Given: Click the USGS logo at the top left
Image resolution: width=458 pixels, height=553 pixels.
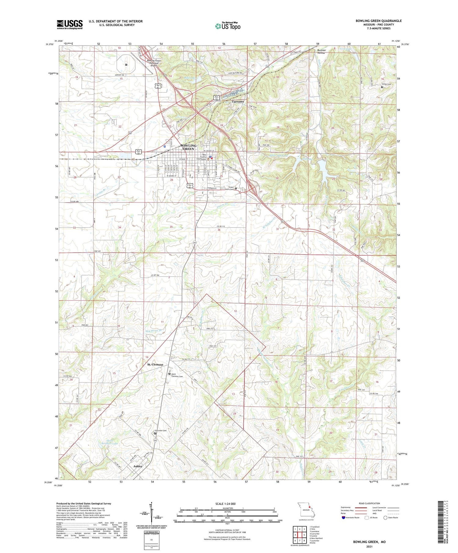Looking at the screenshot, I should click(70, 24).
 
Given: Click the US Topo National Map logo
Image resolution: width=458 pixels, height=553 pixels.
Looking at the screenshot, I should click(227, 26).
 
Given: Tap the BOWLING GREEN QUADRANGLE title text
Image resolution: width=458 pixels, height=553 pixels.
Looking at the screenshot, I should click(378, 21).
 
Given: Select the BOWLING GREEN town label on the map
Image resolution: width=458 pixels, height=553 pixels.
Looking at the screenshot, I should click(188, 147).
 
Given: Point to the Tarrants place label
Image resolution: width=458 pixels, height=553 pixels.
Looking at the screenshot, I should click(238, 102).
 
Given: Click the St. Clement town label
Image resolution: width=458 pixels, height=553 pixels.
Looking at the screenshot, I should click(155, 364).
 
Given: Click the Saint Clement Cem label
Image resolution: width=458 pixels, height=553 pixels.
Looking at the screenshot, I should click(177, 375).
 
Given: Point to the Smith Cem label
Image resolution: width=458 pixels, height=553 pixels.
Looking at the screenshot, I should click(386, 84).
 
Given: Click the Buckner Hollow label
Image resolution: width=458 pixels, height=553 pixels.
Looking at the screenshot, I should click(322, 52).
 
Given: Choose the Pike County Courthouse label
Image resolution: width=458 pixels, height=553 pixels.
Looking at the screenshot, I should click(201, 157).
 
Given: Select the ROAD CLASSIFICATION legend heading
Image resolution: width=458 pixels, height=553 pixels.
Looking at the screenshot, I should click(369, 503).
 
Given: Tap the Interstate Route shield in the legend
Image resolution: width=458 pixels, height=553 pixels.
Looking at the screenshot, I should click(343, 517).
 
